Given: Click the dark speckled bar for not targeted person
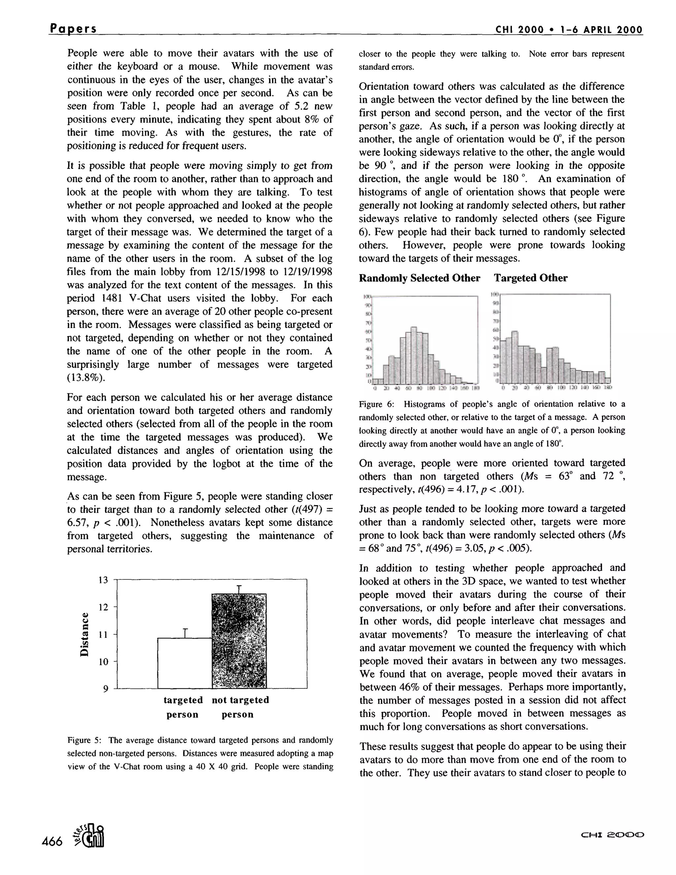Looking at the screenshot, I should [x=239, y=641].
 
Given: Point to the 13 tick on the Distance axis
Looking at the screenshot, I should [x=103, y=580].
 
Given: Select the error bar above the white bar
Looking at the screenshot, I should [x=185, y=633].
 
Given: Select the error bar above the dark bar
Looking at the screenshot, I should [x=239, y=589].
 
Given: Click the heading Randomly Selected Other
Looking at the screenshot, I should [x=419, y=278].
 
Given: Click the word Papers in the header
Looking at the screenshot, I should [x=73, y=29].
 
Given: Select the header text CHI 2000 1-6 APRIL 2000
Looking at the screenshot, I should [x=569, y=30].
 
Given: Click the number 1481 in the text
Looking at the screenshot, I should [x=113, y=298].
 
